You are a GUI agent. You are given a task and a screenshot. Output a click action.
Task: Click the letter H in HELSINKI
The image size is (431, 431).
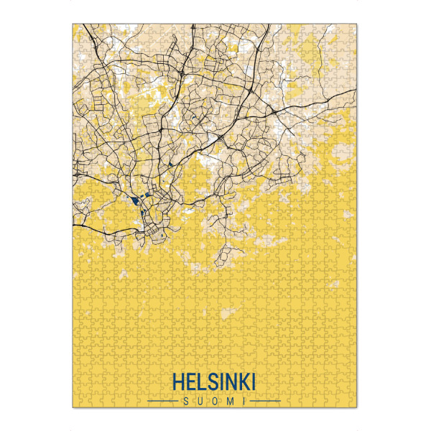click(x=177, y=381)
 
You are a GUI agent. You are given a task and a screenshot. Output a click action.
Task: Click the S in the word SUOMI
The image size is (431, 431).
click(x=186, y=399)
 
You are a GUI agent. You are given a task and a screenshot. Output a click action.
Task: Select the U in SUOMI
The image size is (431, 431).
click(x=200, y=399)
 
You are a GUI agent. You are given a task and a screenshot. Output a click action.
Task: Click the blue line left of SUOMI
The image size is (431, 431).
click(x=162, y=399)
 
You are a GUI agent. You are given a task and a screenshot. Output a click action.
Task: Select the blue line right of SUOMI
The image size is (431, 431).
click(x=266, y=399)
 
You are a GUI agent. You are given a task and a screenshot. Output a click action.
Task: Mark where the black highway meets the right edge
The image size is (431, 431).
click(x=357, y=91)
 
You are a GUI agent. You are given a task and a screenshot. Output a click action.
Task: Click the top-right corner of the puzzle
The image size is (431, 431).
click(x=357, y=24)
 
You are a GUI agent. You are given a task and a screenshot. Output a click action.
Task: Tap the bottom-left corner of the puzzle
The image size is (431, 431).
click(x=73, y=408)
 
